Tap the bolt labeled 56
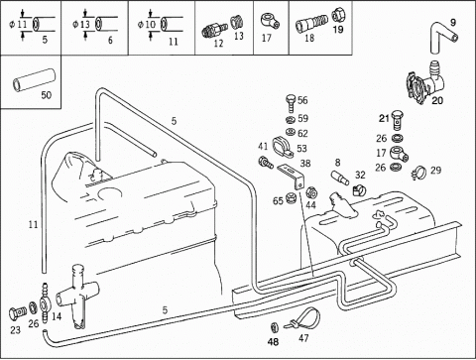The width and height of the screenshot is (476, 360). [291, 103]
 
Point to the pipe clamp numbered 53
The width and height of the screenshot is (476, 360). [283, 148]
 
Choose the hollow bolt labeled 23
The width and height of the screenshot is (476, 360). [17, 312]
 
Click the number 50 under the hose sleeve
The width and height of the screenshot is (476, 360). [47, 95]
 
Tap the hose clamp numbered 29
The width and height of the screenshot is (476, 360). [418, 173]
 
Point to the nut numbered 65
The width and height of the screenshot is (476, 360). [291, 198]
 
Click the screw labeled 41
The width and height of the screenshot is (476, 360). [265, 162]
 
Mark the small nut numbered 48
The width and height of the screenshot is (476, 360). [275, 327]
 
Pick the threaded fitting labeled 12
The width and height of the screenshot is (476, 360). [214, 30]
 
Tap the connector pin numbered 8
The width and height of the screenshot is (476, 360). [340, 178]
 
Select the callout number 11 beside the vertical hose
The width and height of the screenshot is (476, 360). [33, 225]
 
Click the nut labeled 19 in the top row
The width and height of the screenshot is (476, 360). [338, 14]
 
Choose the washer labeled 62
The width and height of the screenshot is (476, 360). [291, 132]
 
